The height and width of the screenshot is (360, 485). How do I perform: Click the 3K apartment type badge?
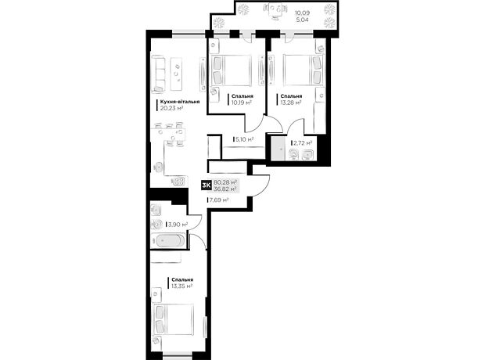pos(206,185)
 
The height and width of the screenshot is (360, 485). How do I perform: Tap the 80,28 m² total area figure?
pos(225,182)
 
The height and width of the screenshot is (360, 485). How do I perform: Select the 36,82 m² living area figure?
pos(225,189)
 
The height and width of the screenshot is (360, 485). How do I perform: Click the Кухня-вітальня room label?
pos(180,102)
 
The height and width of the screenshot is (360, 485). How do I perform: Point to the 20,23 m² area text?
pos(171,108)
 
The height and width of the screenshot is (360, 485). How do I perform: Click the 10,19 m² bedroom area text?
pos(241,103)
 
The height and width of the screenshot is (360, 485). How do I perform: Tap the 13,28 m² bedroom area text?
pos(291,103)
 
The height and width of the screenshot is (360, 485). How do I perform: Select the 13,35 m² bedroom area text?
pos(181,286)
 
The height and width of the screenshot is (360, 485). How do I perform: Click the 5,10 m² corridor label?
pos(244,139)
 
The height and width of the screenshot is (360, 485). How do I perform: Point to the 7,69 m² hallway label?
pos(219,200)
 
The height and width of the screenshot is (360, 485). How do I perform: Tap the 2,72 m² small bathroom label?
pos(303,143)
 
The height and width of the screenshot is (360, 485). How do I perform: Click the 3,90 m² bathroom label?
pos(178,224)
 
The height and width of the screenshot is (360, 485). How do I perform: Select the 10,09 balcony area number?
pos(302,13)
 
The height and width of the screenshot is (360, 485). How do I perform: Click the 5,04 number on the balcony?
pos(302,20)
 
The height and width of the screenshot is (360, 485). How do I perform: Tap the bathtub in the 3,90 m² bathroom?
pos(168,241)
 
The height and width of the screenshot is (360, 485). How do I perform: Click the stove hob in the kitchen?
pos(179,182)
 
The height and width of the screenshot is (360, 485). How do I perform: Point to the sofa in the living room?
pos(158,74)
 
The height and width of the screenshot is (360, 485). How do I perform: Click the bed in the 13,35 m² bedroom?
pos(174,319)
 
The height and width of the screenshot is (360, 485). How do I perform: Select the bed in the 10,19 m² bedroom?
pos(231,70)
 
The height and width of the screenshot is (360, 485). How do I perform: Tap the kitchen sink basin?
pos(158,167)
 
